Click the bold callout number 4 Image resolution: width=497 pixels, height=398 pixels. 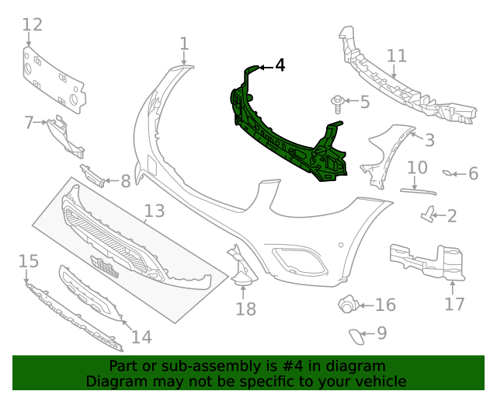pyautogui.click(x=280, y=66)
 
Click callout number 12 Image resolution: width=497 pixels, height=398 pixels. pyautogui.click(x=32, y=26)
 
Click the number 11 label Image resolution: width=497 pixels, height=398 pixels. pyautogui.click(x=397, y=56)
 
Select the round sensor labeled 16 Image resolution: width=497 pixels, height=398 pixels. pyautogui.click(x=347, y=305)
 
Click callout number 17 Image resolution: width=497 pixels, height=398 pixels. pyautogui.click(x=455, y=303)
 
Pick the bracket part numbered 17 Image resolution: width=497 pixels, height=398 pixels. pyautogui.click(x=427, y=260)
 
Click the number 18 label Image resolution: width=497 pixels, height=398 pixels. pyautogui.click(x=245, y=309)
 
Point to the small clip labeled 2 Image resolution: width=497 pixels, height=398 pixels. pyautogui.click(x=427, y=215)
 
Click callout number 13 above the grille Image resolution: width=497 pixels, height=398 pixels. pyautogui.click(x=155, y=211)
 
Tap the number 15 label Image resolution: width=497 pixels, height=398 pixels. pyautogui.click(x=28, y=260)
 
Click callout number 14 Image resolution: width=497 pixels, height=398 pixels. pyautogui.click(x=141, y=337)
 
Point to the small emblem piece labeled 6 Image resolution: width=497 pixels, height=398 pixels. pyautogui.click(x=450, y=173)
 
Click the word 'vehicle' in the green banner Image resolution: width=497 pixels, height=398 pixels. pyautogui.click(x=378, y=381)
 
